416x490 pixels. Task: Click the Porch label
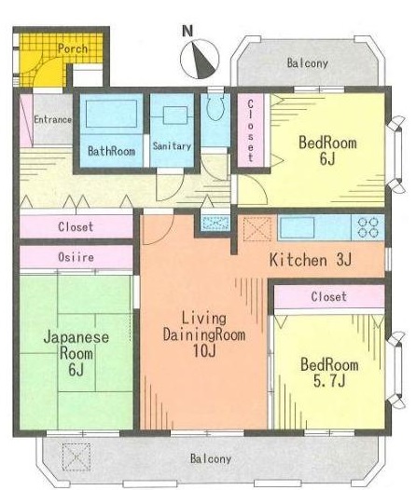pyautogui.click(x=73, y=48)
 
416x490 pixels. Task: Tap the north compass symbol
pyautogui.click(x=200, y=59)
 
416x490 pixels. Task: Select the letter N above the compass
pyautogui.click(x=187, y=32)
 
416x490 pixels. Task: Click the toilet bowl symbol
pyautogui.click(x=215, y=107)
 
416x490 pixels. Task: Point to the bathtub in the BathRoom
pyautogui.click(x=111, y=114)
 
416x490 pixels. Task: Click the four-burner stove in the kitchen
pyautogui.click(x=368, y=227)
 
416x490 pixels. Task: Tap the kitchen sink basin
pyautogui.click(x=298, y=227)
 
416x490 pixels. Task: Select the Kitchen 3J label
pyautogui.click(x=311, y=260)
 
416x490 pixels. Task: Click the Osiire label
pyautogui.click(x=76, y=257)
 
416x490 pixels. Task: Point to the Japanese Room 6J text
pyautogui.click(x=76, y=353)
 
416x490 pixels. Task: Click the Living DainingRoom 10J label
pyautogui.click(x=204, y=334)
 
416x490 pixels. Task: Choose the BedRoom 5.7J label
pyautogui.click(x=329, y=373)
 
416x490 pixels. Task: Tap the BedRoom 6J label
pyautogui.click(x=327, y=151)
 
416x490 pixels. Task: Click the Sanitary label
pyautogui.click(x=172, y=146)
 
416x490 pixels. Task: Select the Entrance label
pyautogui.click(x=52, y=119)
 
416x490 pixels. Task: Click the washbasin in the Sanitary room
pyautogui.click(x=175, y=116)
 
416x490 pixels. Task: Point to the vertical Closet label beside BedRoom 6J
pyautogui.click(x=250, y=130)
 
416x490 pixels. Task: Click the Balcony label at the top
pyautogui.click(x=308, y=63)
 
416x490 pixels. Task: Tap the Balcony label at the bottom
pyautogui.click(x=211, y=458)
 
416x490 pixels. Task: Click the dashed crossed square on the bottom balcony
pyautogui.click(x=76, y=457)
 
